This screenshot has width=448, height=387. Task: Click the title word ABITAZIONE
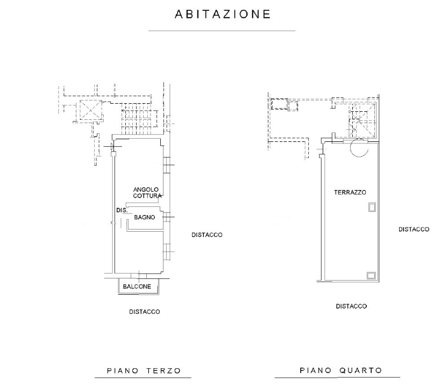[x=223, y=15]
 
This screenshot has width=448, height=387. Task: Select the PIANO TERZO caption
[x=144, y=371]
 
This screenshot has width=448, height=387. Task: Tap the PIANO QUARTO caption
[x=341, y=370]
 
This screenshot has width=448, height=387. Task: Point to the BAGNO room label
[x=145, y=218]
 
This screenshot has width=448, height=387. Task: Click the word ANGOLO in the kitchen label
[x=145, y=190]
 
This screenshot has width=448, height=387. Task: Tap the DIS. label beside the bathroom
[x=122, y=211]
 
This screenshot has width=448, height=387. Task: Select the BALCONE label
[x=137, y=286]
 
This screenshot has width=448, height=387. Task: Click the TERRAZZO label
[x=350, y=192]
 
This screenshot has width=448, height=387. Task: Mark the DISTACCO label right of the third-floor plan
[x=207, y=235]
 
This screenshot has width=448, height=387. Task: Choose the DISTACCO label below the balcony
[x=144, y=312]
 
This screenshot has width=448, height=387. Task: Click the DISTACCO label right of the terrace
[x=414, y=230]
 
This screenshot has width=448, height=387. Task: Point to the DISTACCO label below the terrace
[x=351, y=306]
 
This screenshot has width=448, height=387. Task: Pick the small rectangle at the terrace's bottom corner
[x=371, y=276]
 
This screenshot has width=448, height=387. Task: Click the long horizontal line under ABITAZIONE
[x=222, y=31]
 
